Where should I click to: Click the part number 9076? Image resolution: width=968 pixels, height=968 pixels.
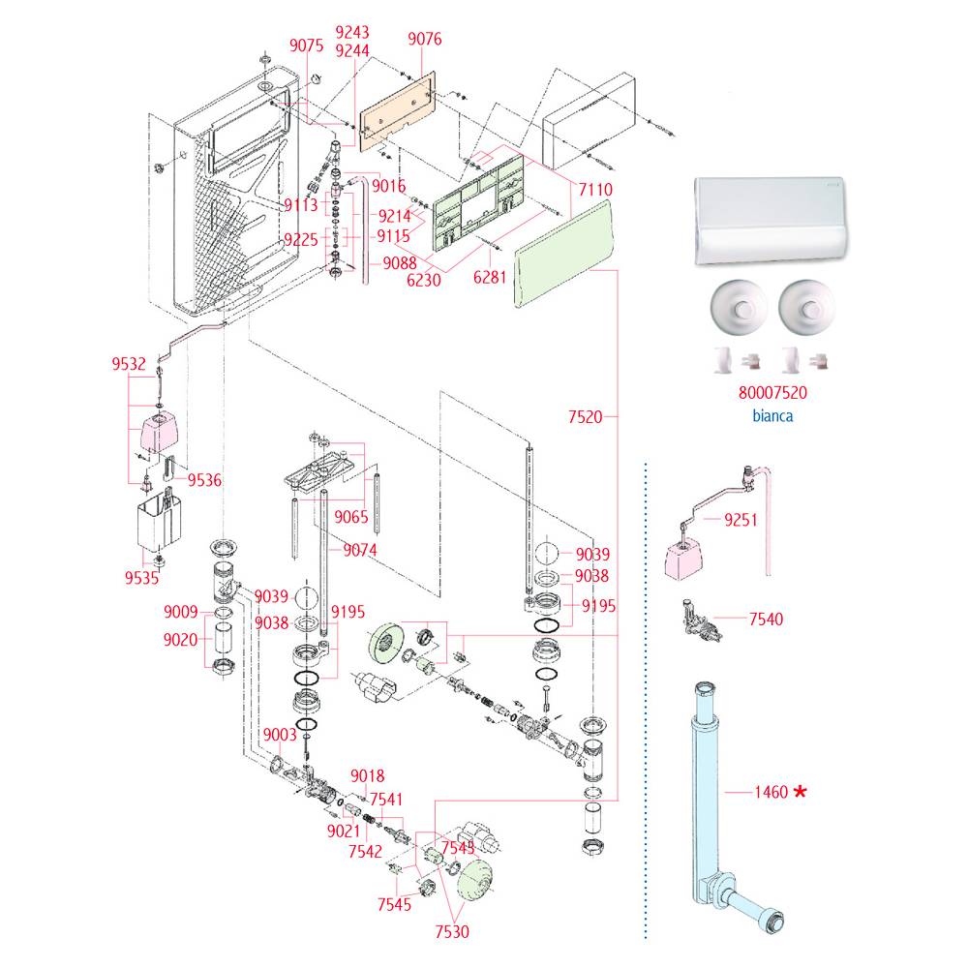click(425, 40)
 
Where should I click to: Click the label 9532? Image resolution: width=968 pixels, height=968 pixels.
click(129, 365)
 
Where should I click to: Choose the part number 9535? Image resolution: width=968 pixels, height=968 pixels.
click(142, 579)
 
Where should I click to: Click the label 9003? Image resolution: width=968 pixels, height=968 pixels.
click(279, 735)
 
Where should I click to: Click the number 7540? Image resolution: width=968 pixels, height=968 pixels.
click(766, 619)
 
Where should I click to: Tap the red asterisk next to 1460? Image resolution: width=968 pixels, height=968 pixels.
click(800, 792)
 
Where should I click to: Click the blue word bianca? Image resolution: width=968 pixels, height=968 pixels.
click(771, 415)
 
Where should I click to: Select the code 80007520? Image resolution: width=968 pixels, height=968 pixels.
click(771, 394)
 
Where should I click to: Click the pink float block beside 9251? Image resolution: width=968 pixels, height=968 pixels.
click(685, 559)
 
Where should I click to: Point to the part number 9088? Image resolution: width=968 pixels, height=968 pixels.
click(399, 261)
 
